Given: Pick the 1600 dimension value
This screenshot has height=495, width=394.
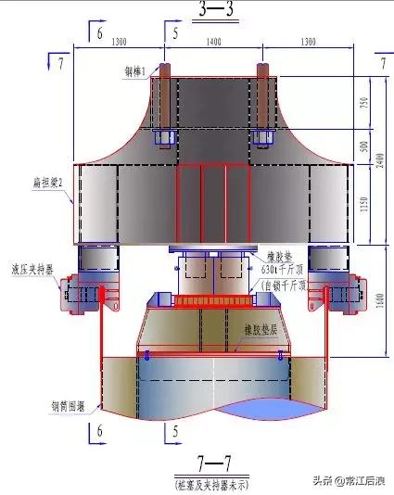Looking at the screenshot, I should click(x=380, y=300).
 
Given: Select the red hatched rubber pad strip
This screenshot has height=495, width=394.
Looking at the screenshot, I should click(x=214, y=300).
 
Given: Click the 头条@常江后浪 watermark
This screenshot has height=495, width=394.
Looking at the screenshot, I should click(x=348, y=479).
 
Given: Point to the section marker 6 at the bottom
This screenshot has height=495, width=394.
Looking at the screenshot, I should click(x=99, y=432).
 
